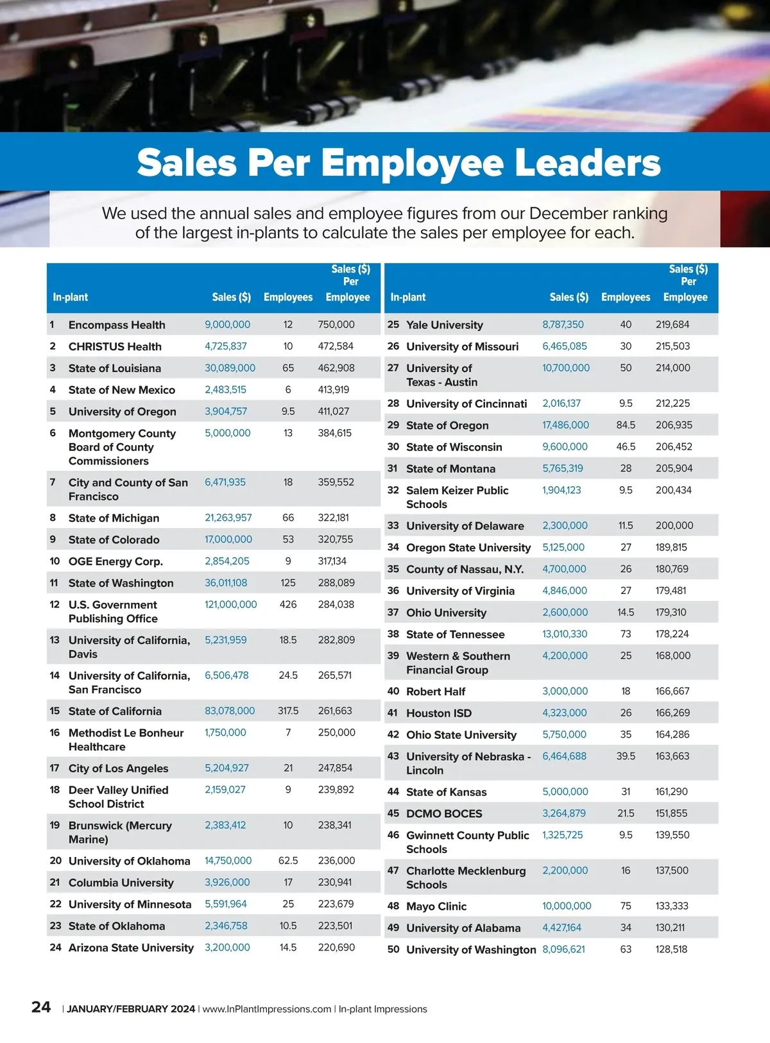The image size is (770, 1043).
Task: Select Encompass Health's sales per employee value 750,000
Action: [x=336, y=325]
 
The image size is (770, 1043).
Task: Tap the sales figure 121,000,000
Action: [x=230, y=604]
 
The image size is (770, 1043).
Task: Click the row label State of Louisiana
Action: [x=115, y=368]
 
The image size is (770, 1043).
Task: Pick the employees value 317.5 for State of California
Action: [x=288, y=711]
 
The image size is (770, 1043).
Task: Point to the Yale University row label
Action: [x=444, y=325]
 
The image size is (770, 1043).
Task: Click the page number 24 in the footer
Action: [x=41, y=1007]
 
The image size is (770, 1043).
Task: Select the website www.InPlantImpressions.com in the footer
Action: [x=267, y=1009]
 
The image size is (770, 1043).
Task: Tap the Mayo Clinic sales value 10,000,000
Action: [x=567, y=906]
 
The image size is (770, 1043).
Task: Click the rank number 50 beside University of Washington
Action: [x=393, y=949]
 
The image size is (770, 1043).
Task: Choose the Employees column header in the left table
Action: [x=288, y=297]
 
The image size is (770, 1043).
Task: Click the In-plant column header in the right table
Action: [x=408, y=297]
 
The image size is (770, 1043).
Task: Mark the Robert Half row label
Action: [x=436, y=691]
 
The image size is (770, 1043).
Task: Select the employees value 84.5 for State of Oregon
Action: [x=626, y=425]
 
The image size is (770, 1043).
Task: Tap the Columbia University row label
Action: [x=121, y=883]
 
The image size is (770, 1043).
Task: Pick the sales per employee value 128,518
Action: [x=671, y=949]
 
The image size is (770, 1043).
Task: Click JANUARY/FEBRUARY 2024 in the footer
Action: [x=131, y=1009]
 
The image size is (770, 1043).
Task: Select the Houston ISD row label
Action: [x=439, y=713]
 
